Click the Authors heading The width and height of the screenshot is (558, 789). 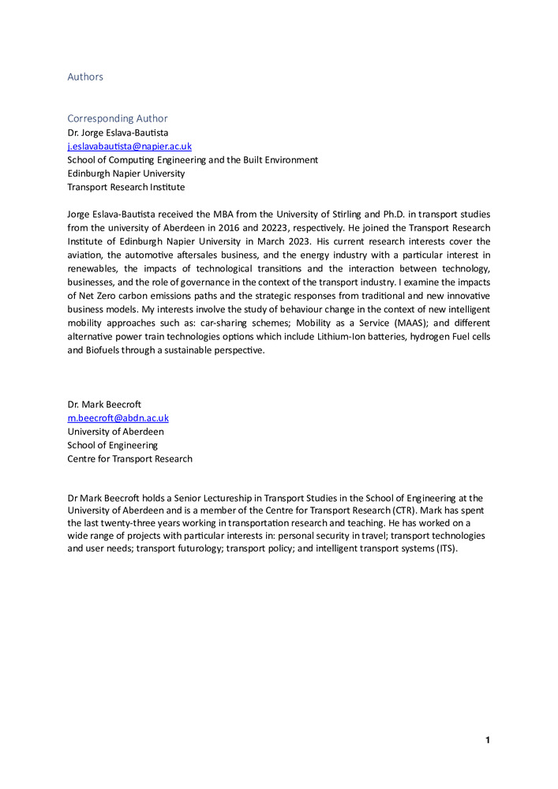[85, 77]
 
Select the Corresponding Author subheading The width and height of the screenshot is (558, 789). [118, 118]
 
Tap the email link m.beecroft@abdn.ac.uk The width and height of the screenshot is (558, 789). [118, 417]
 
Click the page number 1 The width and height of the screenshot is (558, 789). [488, 740]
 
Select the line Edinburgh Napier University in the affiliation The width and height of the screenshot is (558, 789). [126, 174]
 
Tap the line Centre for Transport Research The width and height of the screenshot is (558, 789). [129, 458]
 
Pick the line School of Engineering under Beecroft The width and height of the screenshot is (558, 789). [112, 445]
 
